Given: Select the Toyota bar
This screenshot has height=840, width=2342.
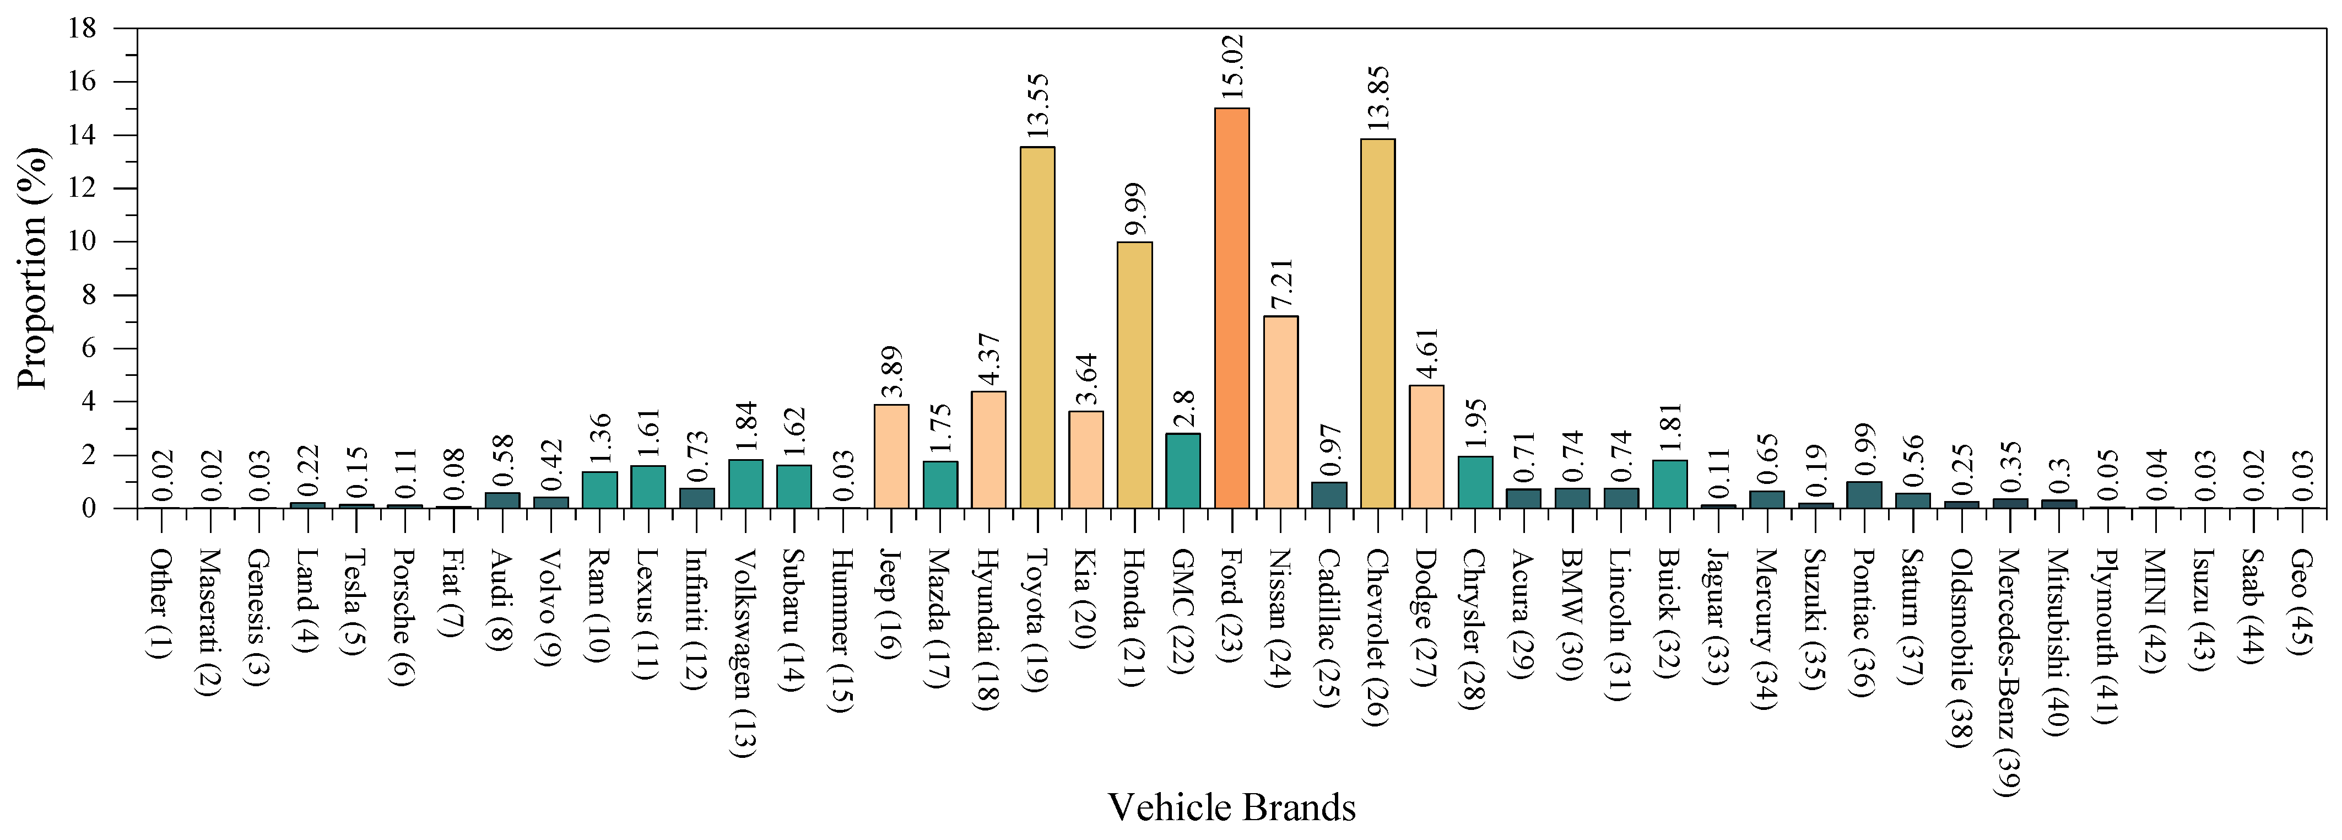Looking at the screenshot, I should point(1037,327).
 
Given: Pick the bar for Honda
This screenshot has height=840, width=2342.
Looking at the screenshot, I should point(1134,375).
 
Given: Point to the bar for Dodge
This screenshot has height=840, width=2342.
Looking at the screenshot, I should point(1426,446).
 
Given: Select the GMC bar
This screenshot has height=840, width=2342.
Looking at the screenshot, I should point(1183,470).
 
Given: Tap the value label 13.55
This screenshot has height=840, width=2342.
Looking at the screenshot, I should point(1037,106).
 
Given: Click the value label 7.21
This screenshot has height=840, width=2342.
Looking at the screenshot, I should point(1280,284).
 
